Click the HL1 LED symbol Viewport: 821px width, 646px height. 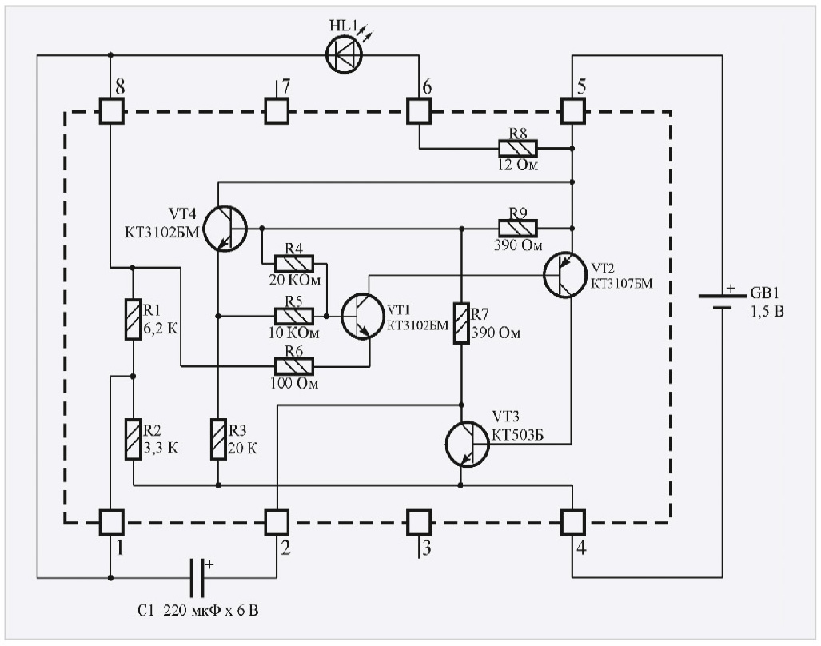pyautogui.click(x=345, y=56)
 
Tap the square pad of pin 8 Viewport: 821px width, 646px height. pyautogui.click(x=110, y=110)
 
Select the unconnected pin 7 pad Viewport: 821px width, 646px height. pyautogui.click(x=277, y=110)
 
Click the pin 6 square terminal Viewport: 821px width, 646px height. pyautogui.click(x=418, y=110)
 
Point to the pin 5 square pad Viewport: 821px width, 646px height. pyautogui.click(x=572, y=110)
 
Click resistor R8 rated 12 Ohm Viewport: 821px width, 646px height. pyautogui.click(x=518, y=148)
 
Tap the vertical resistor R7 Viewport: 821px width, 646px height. pyautogui.click(x=461, y=323)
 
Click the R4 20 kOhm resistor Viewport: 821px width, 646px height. pyautogui.click(x=294, y=262)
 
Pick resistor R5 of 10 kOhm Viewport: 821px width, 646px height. pyautogui.click(x=294, y=315)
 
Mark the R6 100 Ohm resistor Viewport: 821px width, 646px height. pyautogui.click(x=294, y=366)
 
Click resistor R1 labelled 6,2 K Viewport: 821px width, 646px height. pyautogui.click(x=133, y=320)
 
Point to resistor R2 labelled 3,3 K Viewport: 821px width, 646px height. pyautogui.click(x=133, y=440)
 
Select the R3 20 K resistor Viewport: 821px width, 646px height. pyautogui.click(x=218, y=440)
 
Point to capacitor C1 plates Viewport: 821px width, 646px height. pyautogui.click(x=197, y=576)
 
